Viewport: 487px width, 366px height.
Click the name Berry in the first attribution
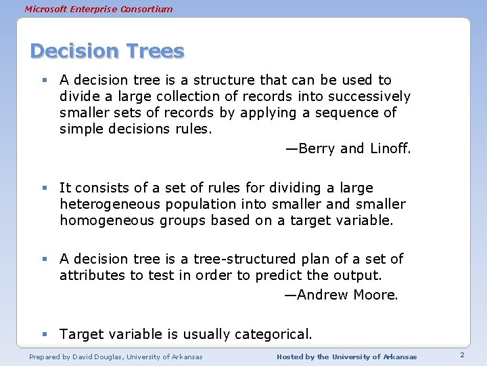[x=316, y=148]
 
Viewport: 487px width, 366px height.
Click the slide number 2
[x=461, y=356]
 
